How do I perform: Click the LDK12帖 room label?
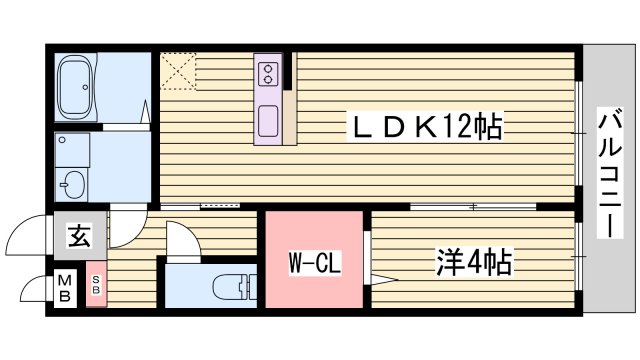pyautogui.click(x=424, y=127)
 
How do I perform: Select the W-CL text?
pyautogui.click(x=311, y=265)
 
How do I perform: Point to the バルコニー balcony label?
pyautogui.click(x=607, y=176)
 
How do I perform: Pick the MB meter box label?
pyautogui.click(x=64, y=287)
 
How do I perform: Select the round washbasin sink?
pyautogui.click(x=72, y=184)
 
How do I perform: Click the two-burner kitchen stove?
pyautogui.click(x=269, y=72)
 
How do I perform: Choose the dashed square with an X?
pyautogui.click(x=179, y=70)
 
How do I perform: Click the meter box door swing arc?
pyautogui.click(x=32, y=290)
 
